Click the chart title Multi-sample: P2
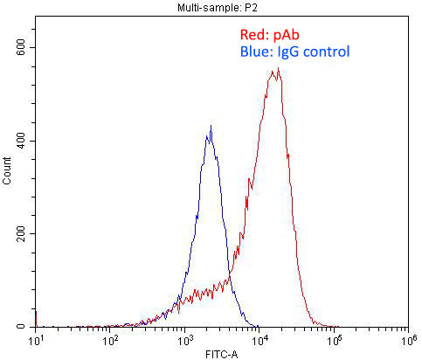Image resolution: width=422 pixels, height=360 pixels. (x=210, y=6)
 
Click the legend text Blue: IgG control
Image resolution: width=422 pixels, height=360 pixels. (x=294, y=52)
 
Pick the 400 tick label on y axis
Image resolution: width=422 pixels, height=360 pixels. (x=20, y=141)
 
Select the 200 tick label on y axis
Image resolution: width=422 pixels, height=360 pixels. (x=20, y=234)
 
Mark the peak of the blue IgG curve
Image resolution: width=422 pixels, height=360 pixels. (x=211, y=127)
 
